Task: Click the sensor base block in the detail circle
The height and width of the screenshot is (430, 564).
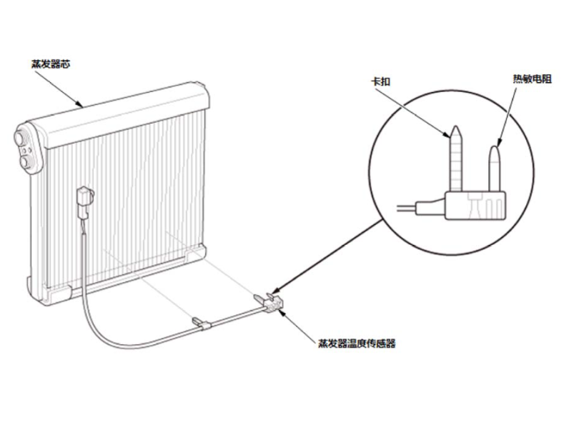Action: (478, 205)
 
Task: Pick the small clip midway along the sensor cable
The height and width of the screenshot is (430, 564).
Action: (201, 325)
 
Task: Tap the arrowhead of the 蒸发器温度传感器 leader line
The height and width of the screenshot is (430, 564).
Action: (284, 312)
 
